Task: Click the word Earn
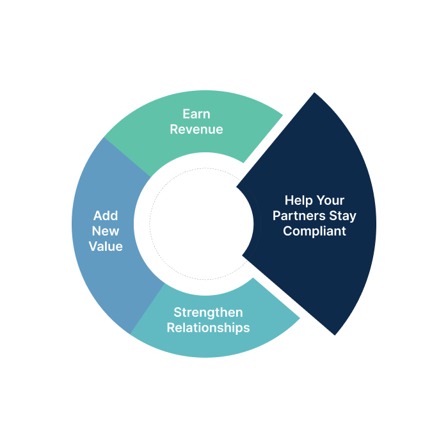tap(196, 114)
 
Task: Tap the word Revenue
tap(196, 129)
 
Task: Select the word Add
tap(106, 215)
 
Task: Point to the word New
tap(106, 230)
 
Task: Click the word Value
tap(106, 246)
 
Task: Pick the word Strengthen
tap(208, 312)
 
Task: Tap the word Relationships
tap(208, 328)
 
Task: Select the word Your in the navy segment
tap(330, 200)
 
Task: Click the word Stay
tap(344, 216)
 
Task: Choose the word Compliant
tap(314, 231)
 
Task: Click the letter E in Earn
tap(186, 114)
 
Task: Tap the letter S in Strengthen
tap(177, 312)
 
